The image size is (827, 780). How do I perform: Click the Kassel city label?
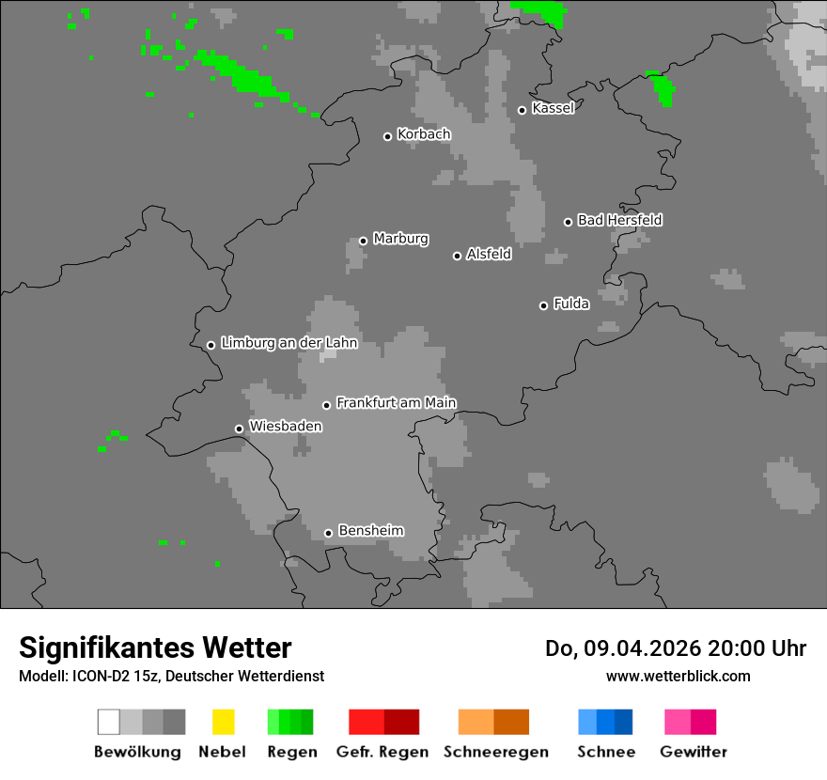[x=553, y=108]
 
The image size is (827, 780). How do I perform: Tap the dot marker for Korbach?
[x=387, y=136]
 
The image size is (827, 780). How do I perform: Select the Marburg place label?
[x=400, y=239]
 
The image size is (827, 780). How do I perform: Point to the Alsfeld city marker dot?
[x=457, y=256]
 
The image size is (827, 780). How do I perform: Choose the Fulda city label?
[x=571, y=304]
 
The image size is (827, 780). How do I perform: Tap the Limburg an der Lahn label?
[x=289, y=343]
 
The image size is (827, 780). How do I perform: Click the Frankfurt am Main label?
[x=396, y=403]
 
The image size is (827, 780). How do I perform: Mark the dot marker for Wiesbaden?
[x=239, y=429]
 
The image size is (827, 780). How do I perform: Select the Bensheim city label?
[x=370, y=531]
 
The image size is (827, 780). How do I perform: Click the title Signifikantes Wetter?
[x=155, y=647]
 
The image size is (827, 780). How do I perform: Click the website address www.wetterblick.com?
[x=678, y=676]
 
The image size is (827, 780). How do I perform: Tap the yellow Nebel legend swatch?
[x=223, y=722]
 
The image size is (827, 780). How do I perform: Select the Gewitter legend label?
[x=693, y=752]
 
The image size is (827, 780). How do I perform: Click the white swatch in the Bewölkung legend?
[x=109, y=722]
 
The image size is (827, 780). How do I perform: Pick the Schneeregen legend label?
[x=495, y=752]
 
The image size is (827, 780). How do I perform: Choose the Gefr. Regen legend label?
[x=382, y=752]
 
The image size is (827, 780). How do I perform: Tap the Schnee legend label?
[x=606, y=752]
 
